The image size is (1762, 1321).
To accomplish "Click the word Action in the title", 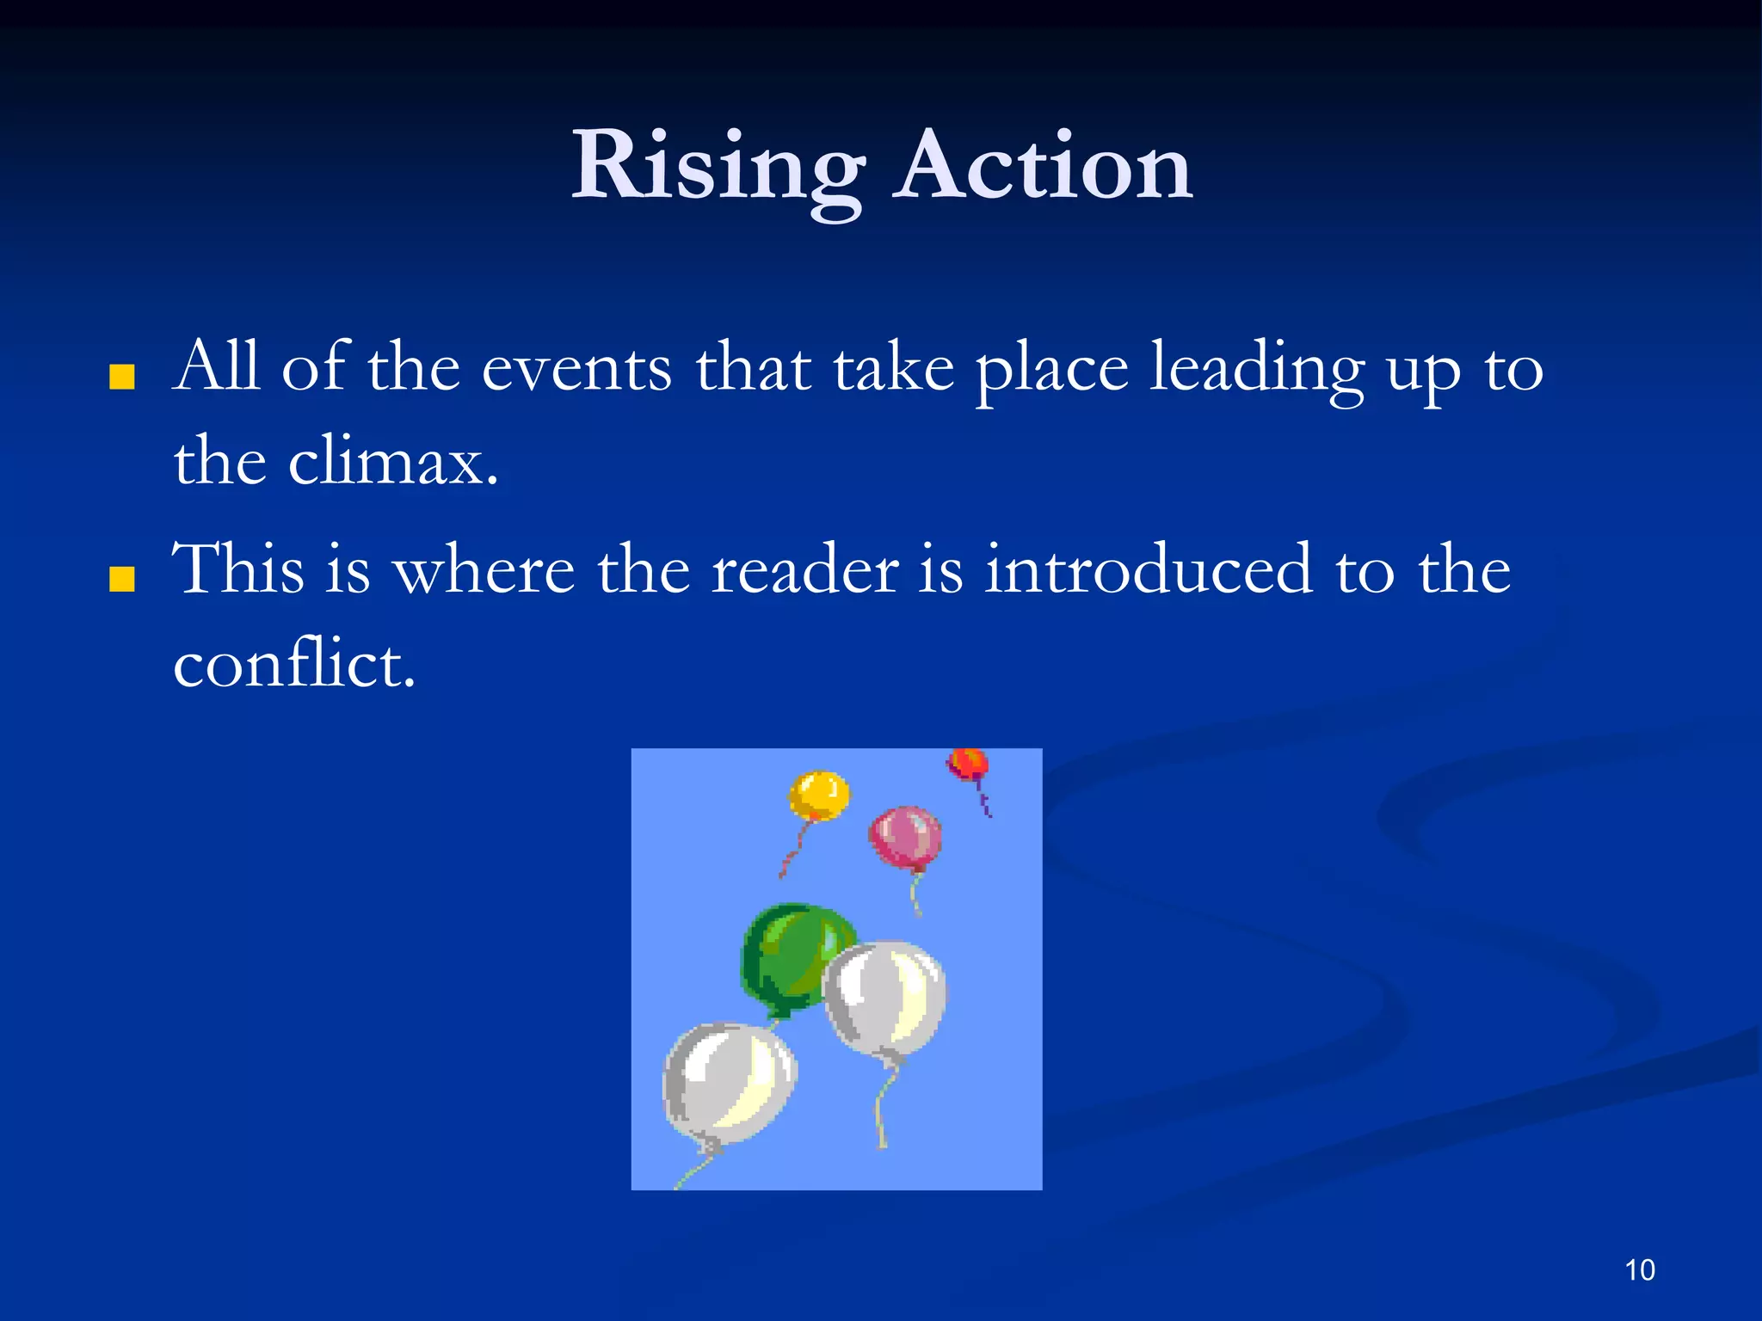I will pyautogui.click(x=1043, y=168).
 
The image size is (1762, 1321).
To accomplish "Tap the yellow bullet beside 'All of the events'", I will pyautogui.click(x=122, y=378).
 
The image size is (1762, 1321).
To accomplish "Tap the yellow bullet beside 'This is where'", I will pyautogui.click(x=122, y=580).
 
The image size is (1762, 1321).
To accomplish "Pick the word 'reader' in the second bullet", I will pyautogui.click(x=805, y=572).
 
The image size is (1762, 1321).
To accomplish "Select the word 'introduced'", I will pyautogui.click(x=1149, y=570).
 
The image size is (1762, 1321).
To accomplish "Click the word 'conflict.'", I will pyautogui.click(x=294, y=666).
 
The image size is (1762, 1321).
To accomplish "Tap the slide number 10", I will pyautogui.click(x=1640, y=1270).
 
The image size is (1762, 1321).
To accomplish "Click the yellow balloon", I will pyautogui.click(x=819, y=796).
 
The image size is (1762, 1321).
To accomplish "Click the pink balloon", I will pyautogui.click(x=905, y=837).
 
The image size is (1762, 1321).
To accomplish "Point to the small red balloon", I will pyautogui.click(x=968, y=764).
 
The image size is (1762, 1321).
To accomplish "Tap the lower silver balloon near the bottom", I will pyautogui.click(x=729, y=1084).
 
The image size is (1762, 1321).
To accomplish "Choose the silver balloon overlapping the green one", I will pyautogui.click(x=884, y=998).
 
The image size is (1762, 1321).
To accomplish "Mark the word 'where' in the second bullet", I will pyautogui.click(x=484, y=572).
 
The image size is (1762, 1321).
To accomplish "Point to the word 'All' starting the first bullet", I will pyautogui.click(x=215, y=367).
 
